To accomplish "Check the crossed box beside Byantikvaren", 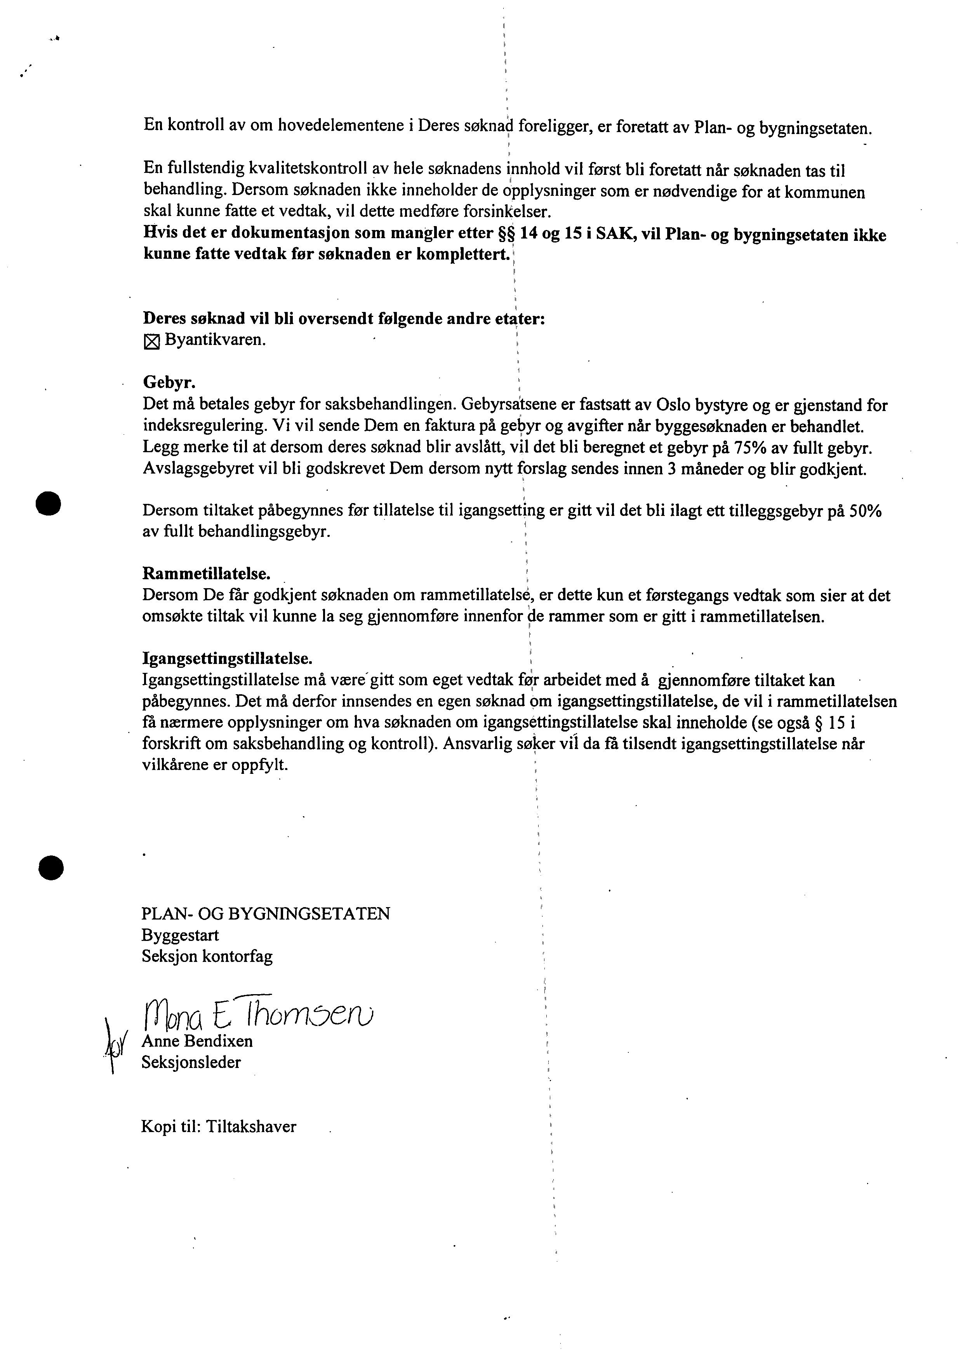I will [151, 341].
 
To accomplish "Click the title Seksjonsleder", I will [191, 1062].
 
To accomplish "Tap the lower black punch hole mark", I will [51, 867].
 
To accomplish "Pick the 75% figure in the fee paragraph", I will [750, 448].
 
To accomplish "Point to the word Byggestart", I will [180, 935].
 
